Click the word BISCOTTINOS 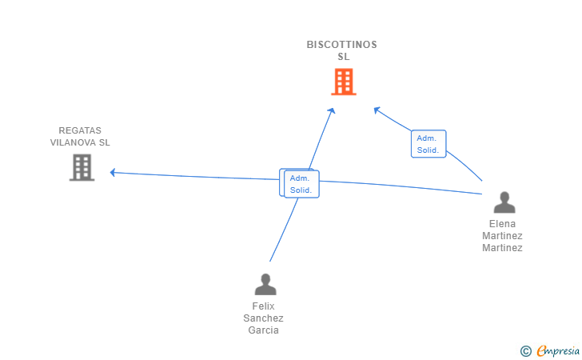click(341, 45)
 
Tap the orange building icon click(344, 82)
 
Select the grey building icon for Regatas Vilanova click(82, 167)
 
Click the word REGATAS click(80, 130)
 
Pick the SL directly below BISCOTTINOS click(343, 57)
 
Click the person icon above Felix click(265, 284)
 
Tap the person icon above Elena click(504, 202)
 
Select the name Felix click(263, 306)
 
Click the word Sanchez click(263, 318)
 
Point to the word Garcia click(263, 330)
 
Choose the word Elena click(502, 224)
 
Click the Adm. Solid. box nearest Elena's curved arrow click(429, 144)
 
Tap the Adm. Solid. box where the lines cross click(301, 184)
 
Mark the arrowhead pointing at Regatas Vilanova click(113, 172)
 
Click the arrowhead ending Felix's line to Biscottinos click(332, 110)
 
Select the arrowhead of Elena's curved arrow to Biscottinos click(377, 110)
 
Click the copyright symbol click(526, 351)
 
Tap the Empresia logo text click(558, 350)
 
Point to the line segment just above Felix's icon click(284, 230)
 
